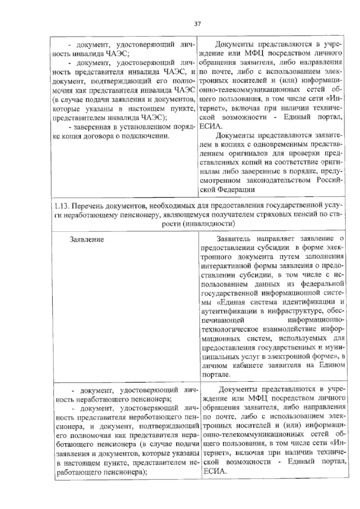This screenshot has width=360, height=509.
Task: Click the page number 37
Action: click(198, 24)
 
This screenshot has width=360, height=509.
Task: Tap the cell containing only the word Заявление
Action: click(87, 239)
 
